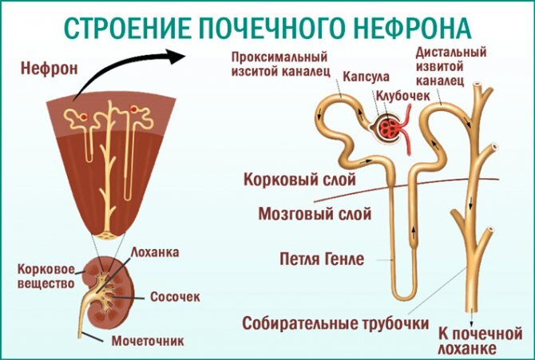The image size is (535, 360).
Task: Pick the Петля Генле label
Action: pos(323,259)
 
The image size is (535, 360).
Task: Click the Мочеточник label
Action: pos(147,341)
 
